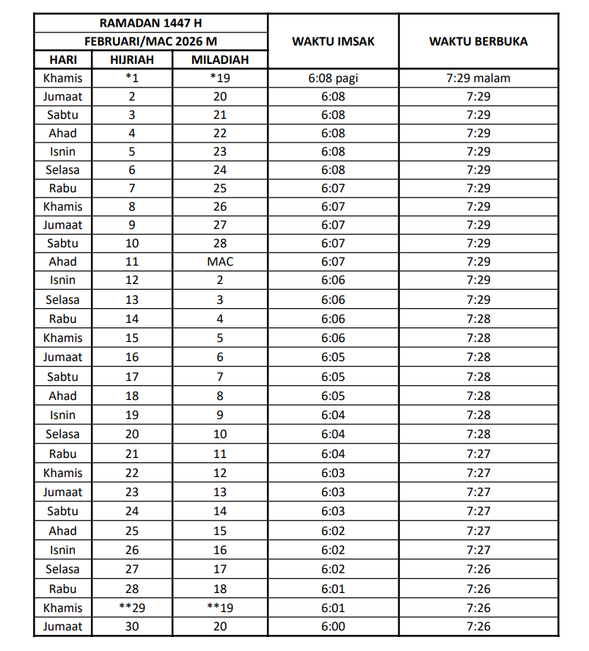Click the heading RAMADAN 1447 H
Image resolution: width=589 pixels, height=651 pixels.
pyautogui.click(x=150, y=23)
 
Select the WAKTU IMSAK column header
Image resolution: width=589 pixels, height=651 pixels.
pyautogui.click(x=333, y=41)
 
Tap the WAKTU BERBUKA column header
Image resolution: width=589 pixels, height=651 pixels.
pyautogui.click(x=478, y=41)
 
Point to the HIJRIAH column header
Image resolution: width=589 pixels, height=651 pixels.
pyautogui.click(x=132, y=59)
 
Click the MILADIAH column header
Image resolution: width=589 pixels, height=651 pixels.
pyautogui.click(x=220, y=59)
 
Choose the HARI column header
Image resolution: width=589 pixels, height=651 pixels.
pyautogui.click(x=63, y=59)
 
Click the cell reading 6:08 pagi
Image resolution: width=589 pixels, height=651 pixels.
pyautogui.click(x=333, y=78)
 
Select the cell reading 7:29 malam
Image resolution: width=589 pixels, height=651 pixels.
pyautogui.click(x=478, y=78)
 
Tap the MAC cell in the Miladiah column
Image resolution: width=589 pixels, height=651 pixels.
pyautogui.click(x=220, y=261)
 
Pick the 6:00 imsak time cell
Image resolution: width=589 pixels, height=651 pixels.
pyautogui.click(x=333, y=626)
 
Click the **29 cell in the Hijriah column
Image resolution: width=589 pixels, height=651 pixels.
pyautogui.click(x=132, y=608)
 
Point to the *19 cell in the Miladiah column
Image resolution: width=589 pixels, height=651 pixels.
pyautogui.click(x=220, y=78)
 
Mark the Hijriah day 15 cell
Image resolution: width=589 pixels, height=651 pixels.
pyautogui.click(x=132, y=338)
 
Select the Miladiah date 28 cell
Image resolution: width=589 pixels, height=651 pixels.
pyautogui.click(x=220, y=243)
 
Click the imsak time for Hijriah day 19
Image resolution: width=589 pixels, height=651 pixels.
pyautogui.click(x=333, y=415)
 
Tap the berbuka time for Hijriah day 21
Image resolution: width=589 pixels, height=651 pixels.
pyautogui.click(x=478, y=454)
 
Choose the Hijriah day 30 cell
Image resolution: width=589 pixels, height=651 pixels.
pyautogui.click(x=132, y=626)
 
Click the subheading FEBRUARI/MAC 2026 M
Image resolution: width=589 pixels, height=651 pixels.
pyautogui.click(x=150, y=42)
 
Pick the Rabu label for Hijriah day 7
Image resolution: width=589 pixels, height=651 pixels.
pyautogui.click(x=63, y=188)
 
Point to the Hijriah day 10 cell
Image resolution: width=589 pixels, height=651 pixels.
pyautogui.click(x=132, y=243)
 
